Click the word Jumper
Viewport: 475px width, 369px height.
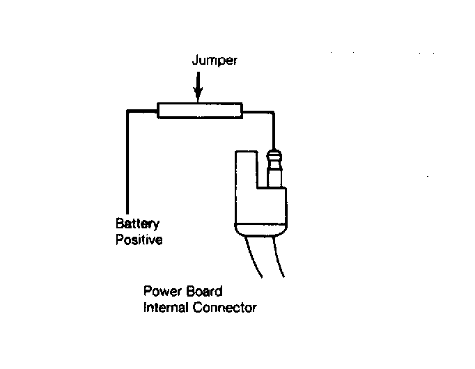click(x=215, y=61)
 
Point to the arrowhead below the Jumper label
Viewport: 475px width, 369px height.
click(x=198, y=95)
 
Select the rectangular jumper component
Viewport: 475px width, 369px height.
click(x=200, y=111)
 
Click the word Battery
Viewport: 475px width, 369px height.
click(x=137, y=223)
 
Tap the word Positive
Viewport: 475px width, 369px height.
click(x=139, y=240)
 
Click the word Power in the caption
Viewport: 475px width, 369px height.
click(x=162, y=291)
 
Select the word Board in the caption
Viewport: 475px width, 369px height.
click(x=204, y=291)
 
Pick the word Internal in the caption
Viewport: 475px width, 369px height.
click(x=166, y=308)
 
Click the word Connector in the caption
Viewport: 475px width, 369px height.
click(x=225, y=308)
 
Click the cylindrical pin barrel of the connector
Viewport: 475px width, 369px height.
click(x=274, y=175)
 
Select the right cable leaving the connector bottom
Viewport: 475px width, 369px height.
click(x=278, y=257)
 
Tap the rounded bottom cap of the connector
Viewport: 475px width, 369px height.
click(x=260, y=230)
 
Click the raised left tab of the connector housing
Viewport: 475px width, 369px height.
click(x=247, y=169)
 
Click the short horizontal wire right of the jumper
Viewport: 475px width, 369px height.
click(x=258, y=112)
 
